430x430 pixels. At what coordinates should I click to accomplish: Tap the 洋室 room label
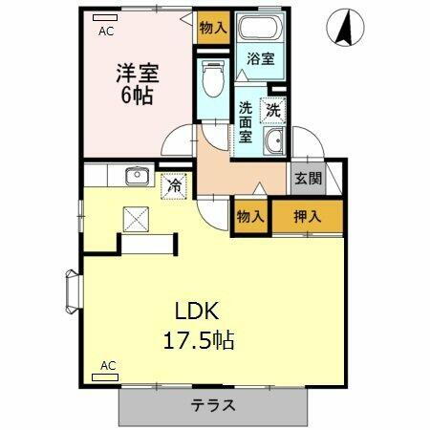tap(138, 73)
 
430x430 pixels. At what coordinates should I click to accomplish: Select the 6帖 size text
tap(137, 97)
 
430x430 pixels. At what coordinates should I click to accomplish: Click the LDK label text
tap(197, 312)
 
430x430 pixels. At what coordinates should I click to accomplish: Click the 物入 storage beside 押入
tap(250, 217)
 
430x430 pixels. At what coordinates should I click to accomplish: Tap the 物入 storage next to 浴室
tap(213, 28)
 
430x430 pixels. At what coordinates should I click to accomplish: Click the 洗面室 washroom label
tap(247, 121)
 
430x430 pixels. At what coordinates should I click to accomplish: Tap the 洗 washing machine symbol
tap(274, 109)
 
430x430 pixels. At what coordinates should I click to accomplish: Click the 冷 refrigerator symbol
tap(175, 184)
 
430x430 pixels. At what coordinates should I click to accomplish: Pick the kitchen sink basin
tap(135, 175)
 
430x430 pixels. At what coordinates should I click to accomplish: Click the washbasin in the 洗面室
tap(274, 142)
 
